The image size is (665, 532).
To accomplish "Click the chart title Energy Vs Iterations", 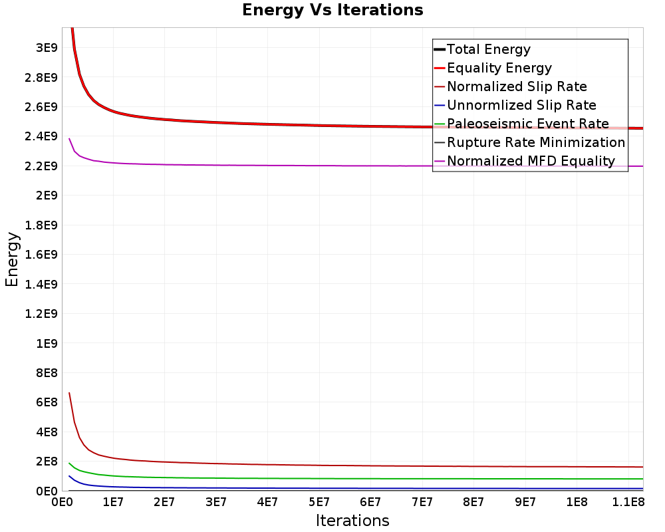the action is (332, 10).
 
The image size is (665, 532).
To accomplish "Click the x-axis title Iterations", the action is (352, 520).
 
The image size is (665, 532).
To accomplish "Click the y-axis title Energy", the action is (12, 259).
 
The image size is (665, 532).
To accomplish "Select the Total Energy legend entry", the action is (482, 49).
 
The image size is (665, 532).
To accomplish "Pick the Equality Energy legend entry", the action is (493, 68).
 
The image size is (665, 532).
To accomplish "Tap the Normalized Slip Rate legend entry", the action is (511, 86).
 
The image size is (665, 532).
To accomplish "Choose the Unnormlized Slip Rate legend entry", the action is (515, 105).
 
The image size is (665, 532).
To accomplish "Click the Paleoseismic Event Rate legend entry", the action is (521, 124).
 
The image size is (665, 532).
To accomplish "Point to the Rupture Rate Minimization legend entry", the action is (530, 142).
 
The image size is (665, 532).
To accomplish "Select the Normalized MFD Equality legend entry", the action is (525, 161).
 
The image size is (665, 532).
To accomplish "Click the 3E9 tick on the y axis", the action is (47, 47).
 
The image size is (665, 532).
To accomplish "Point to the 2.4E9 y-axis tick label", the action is (41, 136).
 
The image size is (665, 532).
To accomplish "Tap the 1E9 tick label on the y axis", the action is (47, 343).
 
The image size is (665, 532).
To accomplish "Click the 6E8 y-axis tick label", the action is (47, 402).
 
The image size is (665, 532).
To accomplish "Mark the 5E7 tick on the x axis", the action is (319, 502).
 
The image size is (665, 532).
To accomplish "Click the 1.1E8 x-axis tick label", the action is (628, 502).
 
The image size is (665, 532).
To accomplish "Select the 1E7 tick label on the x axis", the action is (113, 502).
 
